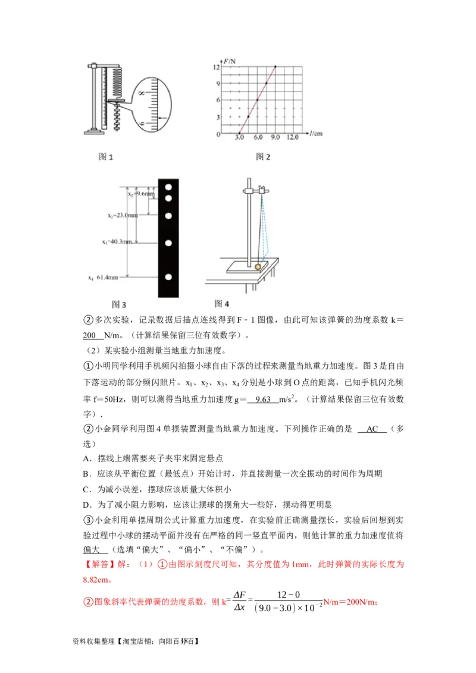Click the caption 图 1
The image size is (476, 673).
(105, 157)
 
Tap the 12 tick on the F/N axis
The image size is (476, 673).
(218, 67)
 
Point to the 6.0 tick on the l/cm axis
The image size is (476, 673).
(258, 138)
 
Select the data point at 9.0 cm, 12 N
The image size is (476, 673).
(275, 67)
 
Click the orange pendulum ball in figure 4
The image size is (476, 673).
(258, 267)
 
